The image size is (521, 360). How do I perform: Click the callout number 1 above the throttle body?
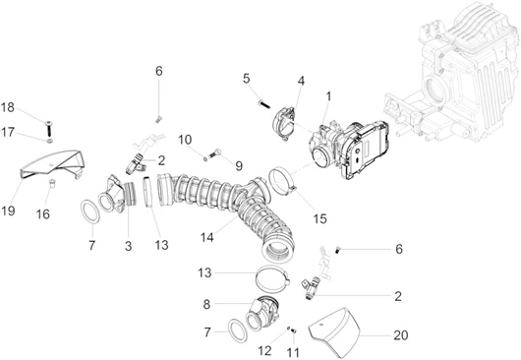coord(328,96)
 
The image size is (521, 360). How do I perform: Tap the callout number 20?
coord(400,335)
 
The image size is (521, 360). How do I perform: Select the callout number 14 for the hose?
coord(206,237)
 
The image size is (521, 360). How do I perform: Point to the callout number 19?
coord(8,210)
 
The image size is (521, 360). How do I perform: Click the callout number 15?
coord(319,218)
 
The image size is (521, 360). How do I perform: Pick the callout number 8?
coord(206,304)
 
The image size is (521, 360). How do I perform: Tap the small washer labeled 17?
coord(49,142)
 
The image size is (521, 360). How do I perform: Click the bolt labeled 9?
coord(214,153)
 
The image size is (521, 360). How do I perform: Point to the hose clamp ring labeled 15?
coord(281,182)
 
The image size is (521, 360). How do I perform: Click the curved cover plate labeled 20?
coord(334,330)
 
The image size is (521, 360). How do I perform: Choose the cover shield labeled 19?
coord(50,165)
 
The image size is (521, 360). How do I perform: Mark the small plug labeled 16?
coord(51,183)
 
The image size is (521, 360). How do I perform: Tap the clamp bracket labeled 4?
coord(284,123)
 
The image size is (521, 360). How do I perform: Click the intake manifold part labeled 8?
coord(263,313)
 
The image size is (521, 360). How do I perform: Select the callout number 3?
coord(128,246)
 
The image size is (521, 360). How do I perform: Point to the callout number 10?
coord(185,140)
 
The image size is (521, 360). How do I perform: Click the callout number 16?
coord(43,214)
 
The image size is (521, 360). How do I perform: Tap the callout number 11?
coord(293,352)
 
